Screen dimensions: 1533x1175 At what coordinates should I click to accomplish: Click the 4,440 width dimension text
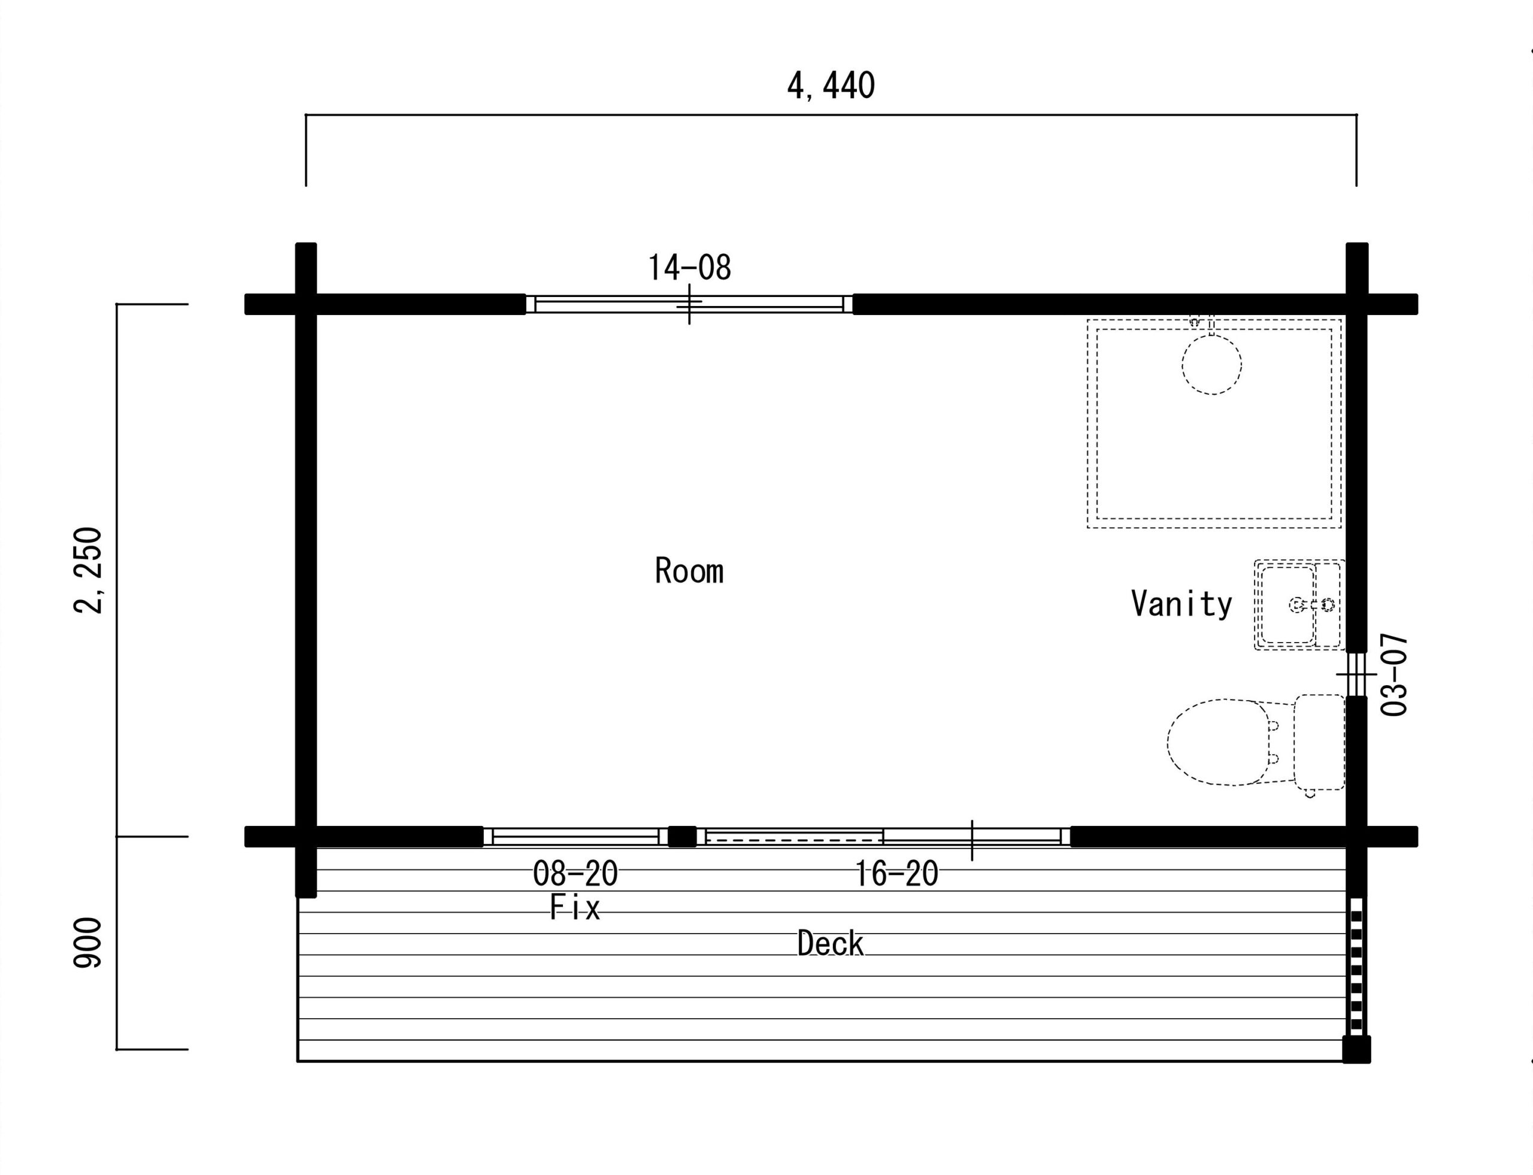[831, 87]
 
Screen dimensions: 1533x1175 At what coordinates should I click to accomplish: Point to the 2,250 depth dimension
[89, 570]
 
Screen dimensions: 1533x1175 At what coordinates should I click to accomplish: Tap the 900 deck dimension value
[88, 943]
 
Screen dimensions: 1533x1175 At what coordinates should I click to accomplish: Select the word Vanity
[1181, 604]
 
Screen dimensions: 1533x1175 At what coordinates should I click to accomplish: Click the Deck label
[830, 943]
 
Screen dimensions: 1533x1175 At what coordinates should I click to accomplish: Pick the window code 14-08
[690, 268]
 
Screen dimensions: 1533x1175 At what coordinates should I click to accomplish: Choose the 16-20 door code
[896, 874]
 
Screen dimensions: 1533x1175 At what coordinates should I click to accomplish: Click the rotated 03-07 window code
[1394, 674]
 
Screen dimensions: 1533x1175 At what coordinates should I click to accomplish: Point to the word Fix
[575, 907]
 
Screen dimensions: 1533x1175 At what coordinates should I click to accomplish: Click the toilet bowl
[1218, 742]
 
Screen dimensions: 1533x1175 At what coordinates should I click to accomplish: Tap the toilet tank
[1319, 742]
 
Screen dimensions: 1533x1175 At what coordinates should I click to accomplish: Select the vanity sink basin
[1287, 605]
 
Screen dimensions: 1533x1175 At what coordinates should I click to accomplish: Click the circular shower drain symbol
[1211, 364]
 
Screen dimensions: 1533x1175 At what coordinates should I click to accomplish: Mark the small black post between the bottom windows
[682, 837]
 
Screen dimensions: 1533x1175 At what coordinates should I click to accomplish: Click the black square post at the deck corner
[1356, 1049]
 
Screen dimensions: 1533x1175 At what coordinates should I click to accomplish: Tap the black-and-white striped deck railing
[1356, 967]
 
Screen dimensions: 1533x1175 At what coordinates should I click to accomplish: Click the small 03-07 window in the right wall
[1356, 674]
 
